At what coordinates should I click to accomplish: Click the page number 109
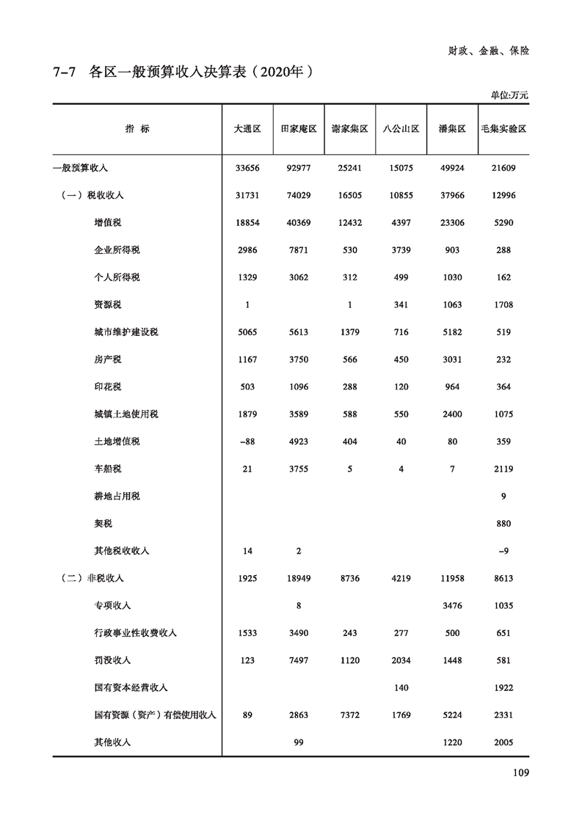click(x=518, y=772)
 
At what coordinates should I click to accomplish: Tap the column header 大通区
click(x=247, y=128)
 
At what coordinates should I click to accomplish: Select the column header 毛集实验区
click(x=503, y=128)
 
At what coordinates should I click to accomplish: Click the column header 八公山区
click(x=401, y=128)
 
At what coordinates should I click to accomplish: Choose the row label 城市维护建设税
click(x=121, y=332)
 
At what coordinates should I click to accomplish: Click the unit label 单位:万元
click(x=509, y=95)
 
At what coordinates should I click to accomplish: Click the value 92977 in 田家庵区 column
click(x=299, y=168)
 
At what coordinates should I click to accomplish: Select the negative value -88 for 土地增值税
click(x=247, y=442)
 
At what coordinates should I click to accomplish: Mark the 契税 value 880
click(x=503, y=524)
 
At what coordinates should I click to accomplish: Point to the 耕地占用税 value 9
click(x=503, y=497)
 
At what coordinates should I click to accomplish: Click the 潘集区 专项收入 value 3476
click(x=452, y=606)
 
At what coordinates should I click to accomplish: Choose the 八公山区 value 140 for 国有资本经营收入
click(x=401, y=688)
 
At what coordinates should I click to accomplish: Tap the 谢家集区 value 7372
click(x=350, y=715)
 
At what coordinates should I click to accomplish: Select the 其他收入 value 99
click(x=299, y=742)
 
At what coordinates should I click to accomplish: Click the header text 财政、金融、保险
click(x=489, y=51)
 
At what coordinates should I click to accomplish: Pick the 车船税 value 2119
click(x=503, y=469)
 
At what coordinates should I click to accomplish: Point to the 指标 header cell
click(x=137, y=128)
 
